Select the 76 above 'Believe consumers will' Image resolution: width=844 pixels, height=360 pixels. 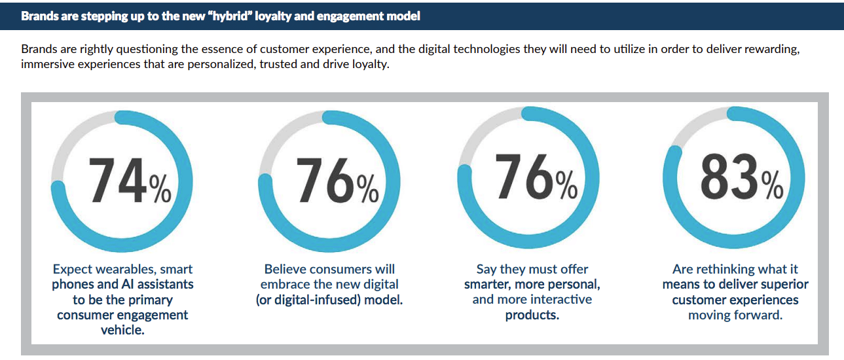pos(325,180)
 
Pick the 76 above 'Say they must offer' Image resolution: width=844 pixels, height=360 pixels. pos(524,176)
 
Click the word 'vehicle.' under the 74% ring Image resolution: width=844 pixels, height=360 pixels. pos(122,331)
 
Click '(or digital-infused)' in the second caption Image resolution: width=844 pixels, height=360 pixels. pos(308,300)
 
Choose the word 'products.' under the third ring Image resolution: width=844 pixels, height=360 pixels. pos(532,315)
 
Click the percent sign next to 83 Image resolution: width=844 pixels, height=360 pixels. pos(772,185)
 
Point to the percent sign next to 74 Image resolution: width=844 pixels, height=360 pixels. pos(160,189)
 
